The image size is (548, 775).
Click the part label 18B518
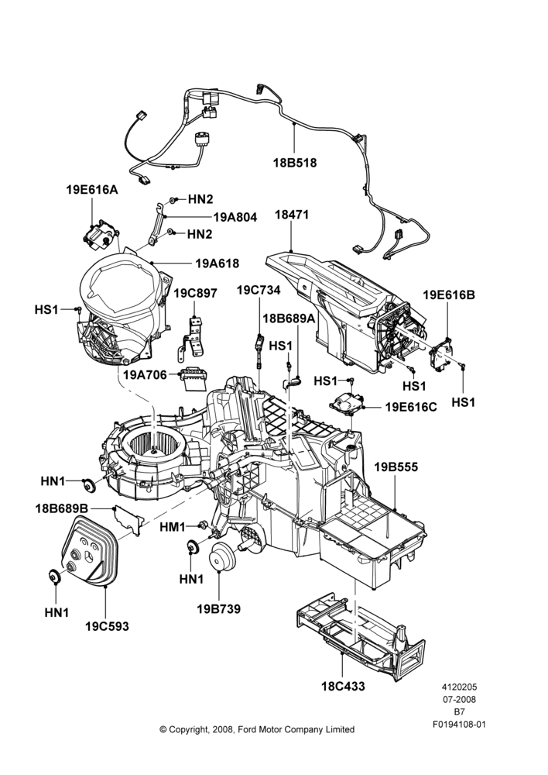click(295, 162)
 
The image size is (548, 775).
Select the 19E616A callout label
click(92, 189)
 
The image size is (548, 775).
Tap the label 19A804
click(235, 217)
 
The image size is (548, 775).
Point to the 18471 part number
click(292, 215)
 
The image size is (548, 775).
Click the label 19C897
click(195, 293)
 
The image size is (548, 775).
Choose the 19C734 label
click(259, 290)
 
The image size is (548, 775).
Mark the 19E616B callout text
click(449, 295)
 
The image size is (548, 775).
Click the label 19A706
click(146, 374)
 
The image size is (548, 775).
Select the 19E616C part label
click(411, 407)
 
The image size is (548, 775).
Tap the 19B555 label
click(396, 467)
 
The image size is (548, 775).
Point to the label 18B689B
click(62, 508)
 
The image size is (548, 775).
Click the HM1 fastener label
click(173, 527)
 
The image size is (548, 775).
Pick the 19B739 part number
click(219, 609)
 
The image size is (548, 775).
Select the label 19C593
click(107, 626)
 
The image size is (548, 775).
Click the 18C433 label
click(343, 686)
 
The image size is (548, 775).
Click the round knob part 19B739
click(222, 556)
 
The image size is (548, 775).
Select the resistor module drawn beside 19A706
click(194, 377)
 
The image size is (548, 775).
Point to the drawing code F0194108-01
click(460, 725)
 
